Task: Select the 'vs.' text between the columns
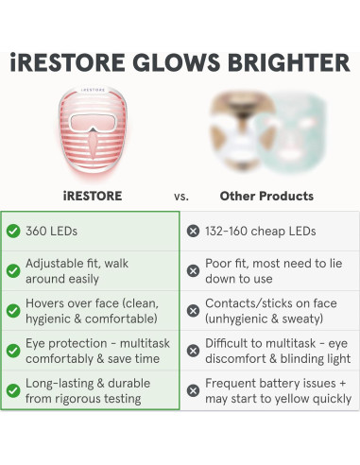pyautogui.click(x=180, y=197)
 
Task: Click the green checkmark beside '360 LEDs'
pyautogui.click(x=13, y=231)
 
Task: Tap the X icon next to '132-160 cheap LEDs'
pyautogui.click(x=193, y=231)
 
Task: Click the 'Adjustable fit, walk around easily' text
pyautogui.click(x=77, y=270)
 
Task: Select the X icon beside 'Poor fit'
pyautogui.click(x=193, y=270)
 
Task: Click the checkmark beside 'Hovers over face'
pyautogui.click(x=13, y=310)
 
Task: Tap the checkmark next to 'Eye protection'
pyautogui.click(x=13, y=351)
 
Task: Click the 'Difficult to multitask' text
pyautogui.click(x=274, y=351)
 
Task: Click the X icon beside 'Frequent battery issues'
pyautogui.click(x=193, y=390)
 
